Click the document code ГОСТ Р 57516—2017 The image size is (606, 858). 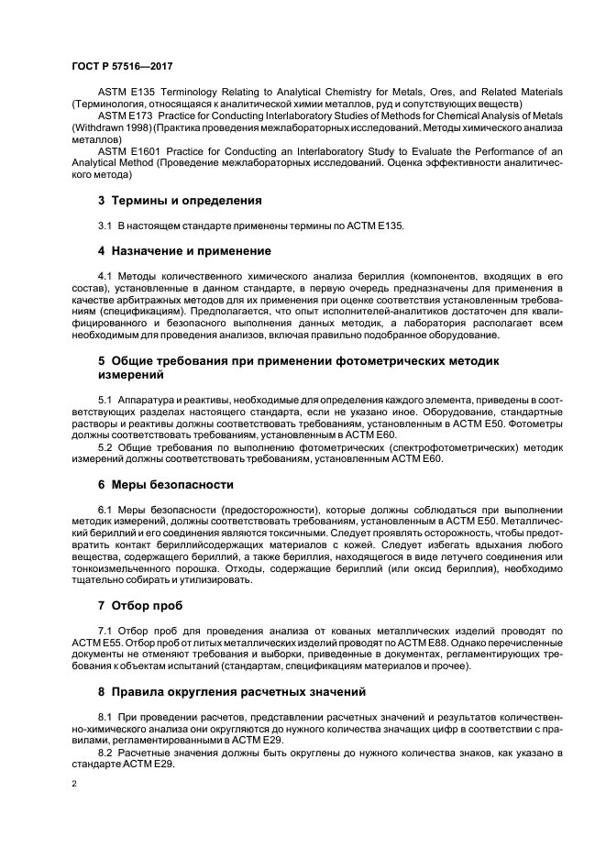[x=121, y=67]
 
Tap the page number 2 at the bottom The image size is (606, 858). [x=75, y=785]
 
